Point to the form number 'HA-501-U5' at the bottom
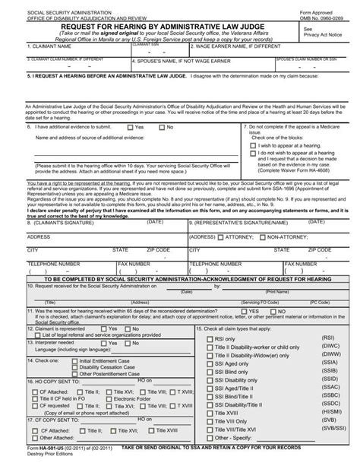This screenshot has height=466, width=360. click(x=35, y=455)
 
